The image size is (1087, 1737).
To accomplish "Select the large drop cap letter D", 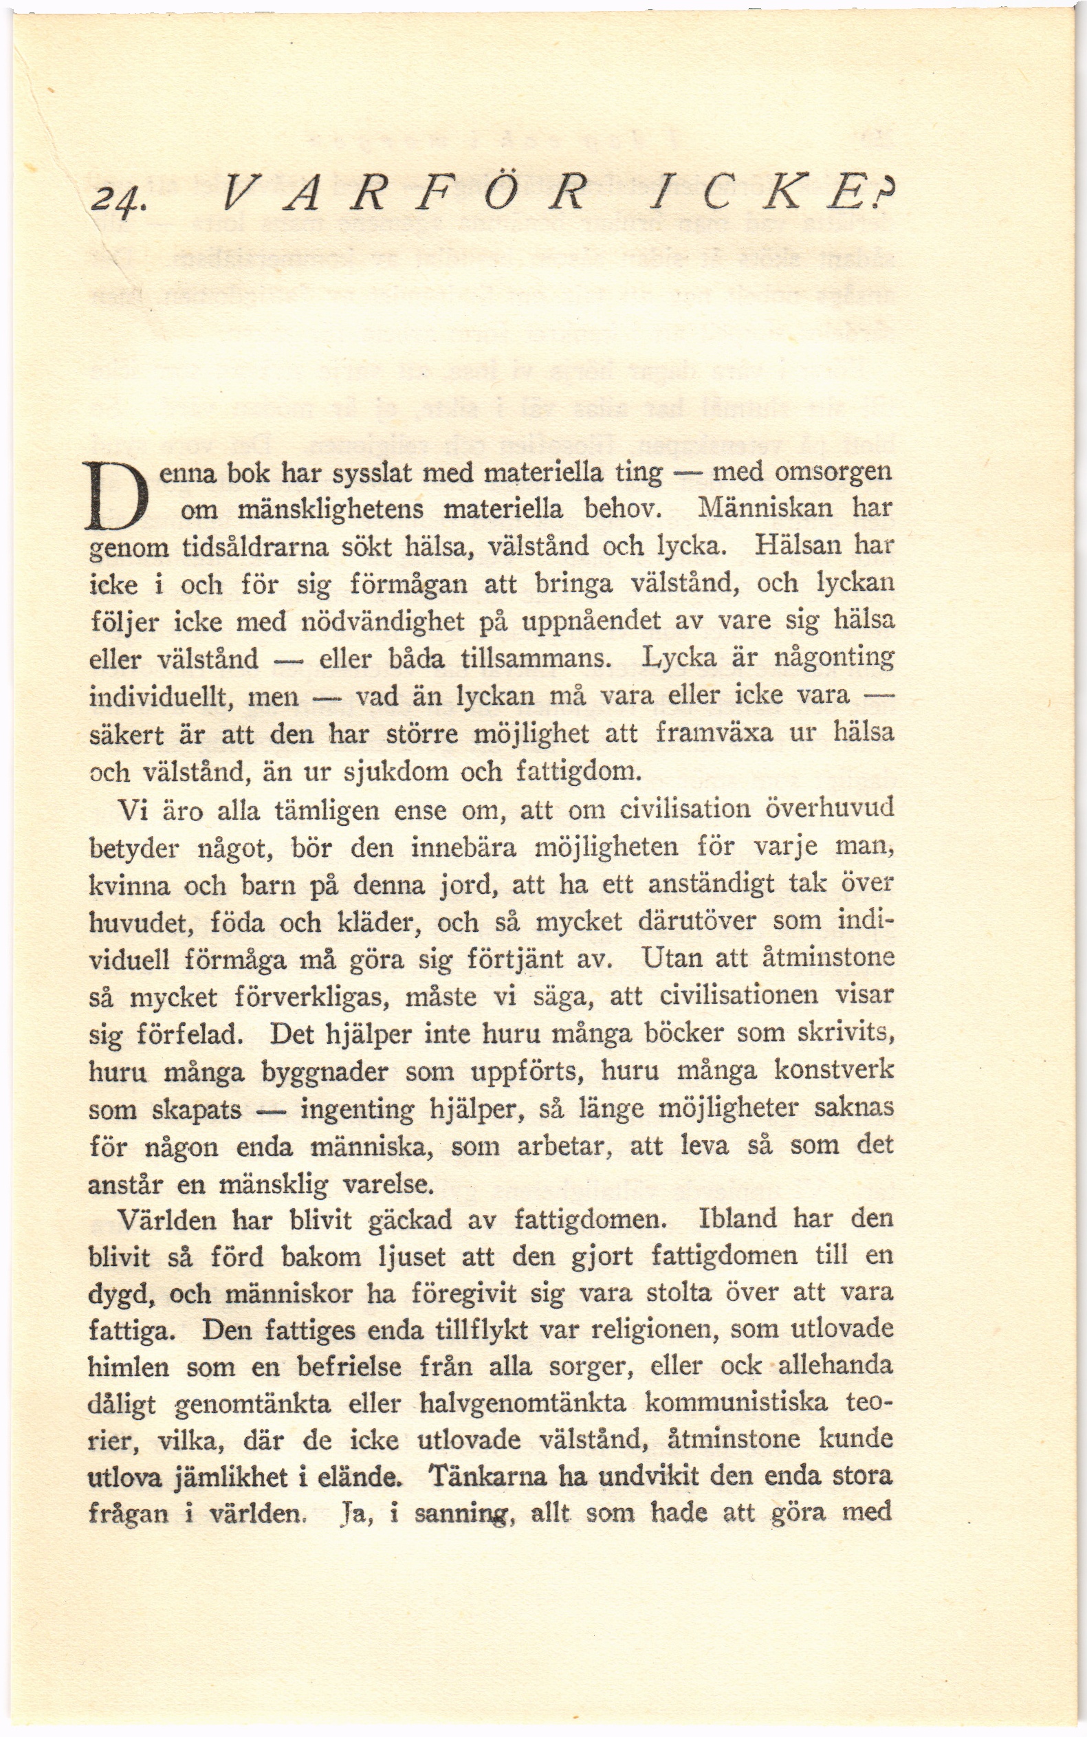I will coord(116,495).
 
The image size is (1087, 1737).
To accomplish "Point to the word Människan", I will coord(766,508).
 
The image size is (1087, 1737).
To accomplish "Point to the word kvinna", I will coord(129,885).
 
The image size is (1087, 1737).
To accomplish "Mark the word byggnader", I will coord(325,1071).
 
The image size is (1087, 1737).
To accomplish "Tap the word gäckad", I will coord(410,1219).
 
